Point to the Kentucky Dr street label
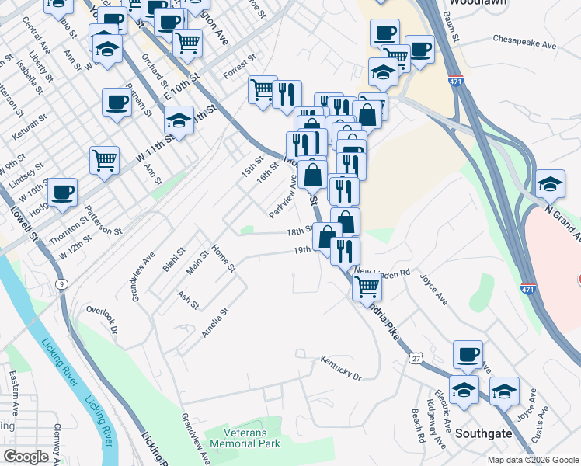(342, 367)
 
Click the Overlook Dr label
(103, 318)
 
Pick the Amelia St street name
(214, 322)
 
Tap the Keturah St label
(26, 126)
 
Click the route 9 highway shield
(60, 284)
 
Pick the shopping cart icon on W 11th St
(104, 160)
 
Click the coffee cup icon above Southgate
(468, 354)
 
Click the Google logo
(26, 457)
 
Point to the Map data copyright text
(532, 460)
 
